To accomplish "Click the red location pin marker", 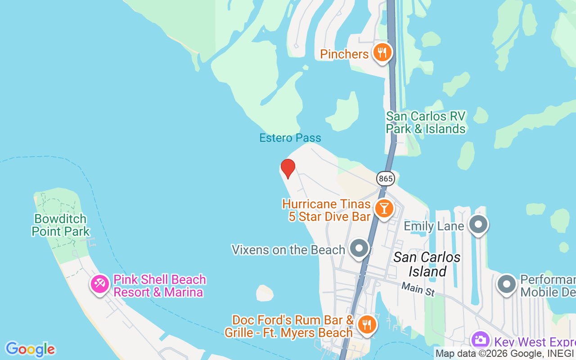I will click(288, 169).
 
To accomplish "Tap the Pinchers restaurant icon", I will click(382, 53).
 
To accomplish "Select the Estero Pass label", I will click(290, 138).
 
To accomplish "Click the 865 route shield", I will click(386, 179).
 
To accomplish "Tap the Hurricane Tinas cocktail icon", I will click(384, 209).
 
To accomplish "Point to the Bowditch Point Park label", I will click(60, 225).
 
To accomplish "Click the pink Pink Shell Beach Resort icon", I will click(100, 284).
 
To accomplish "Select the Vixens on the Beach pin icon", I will click(359, 248).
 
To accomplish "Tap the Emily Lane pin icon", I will click(478, 224).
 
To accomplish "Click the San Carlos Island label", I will click(427, 264).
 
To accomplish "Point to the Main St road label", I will click(418, 289).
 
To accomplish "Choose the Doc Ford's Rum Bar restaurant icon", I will click(367, 324).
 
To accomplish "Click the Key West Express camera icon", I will click(481, 340).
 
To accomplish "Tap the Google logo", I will click(30, 349).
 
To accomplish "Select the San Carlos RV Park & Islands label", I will click(426, 122).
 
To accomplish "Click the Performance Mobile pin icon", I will click(507, 284).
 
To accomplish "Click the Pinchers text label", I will click(344, 54).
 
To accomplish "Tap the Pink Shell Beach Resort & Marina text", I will click(160, 286).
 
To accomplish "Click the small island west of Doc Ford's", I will click(265, 293).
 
